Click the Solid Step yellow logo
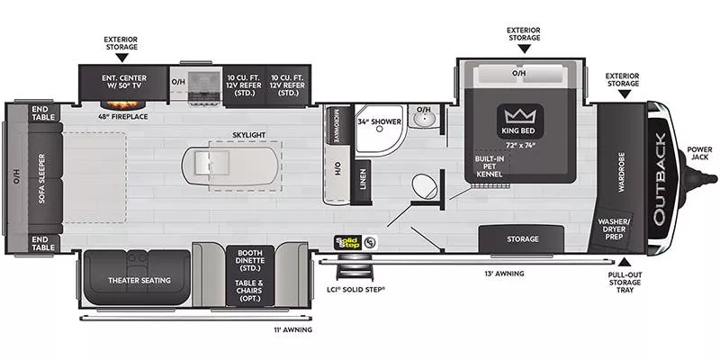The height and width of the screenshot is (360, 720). [x=346, y=241]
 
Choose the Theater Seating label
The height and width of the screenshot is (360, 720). [x=139, y=280]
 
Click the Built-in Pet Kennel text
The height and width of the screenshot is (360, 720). [x=489, y=166]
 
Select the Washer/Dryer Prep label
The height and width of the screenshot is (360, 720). [x=616, y=228]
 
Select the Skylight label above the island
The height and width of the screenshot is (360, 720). [x=249, y=135]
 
